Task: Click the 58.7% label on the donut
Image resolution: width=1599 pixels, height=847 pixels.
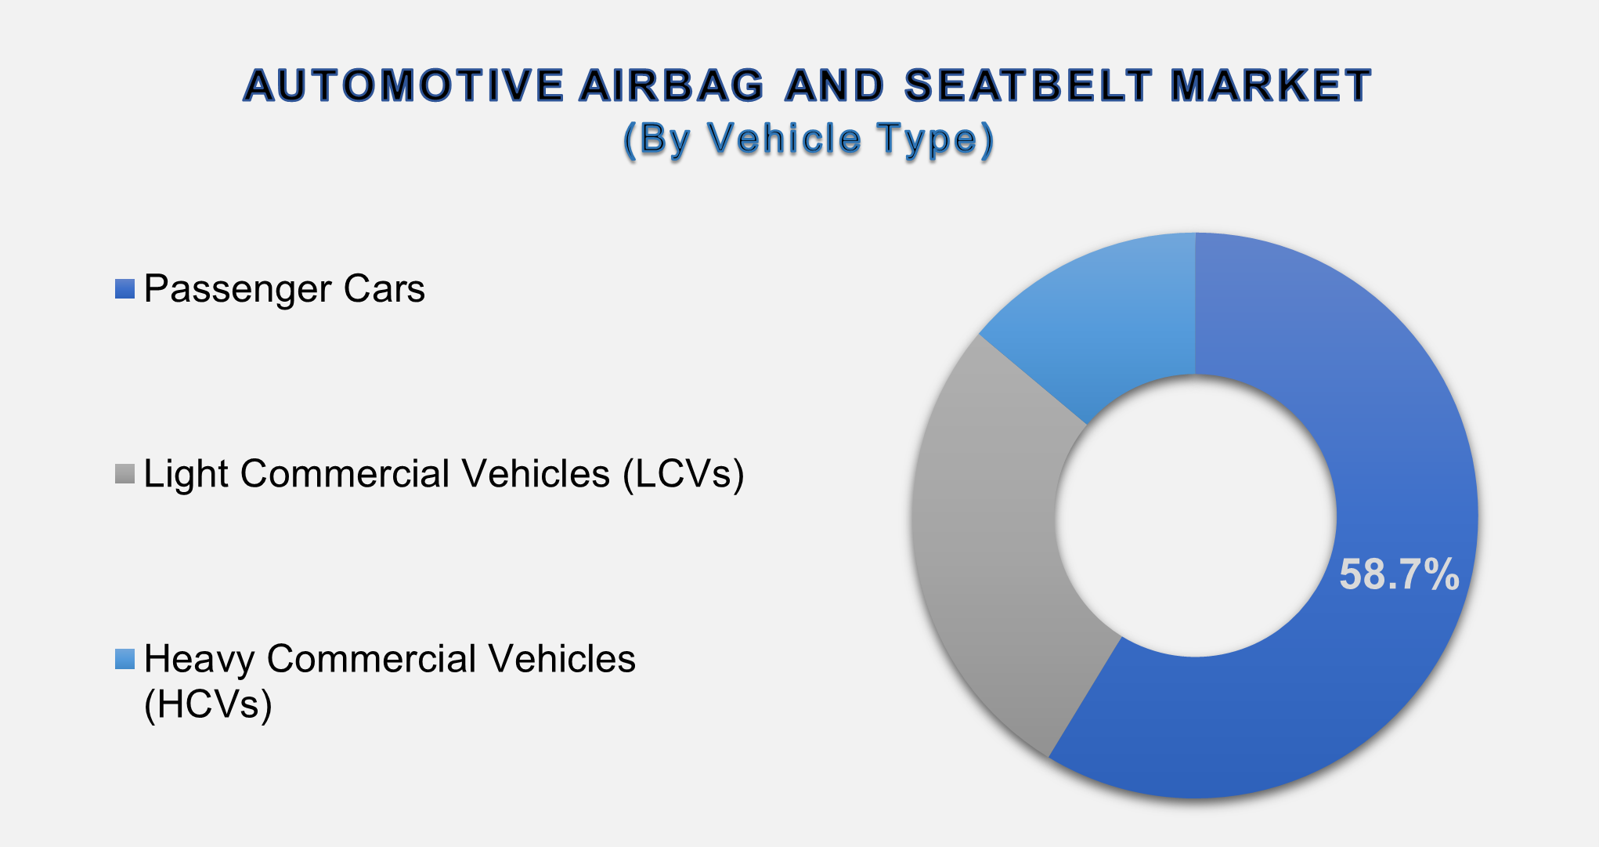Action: (1399, 574)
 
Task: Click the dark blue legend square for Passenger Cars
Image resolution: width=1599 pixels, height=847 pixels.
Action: (125, 289)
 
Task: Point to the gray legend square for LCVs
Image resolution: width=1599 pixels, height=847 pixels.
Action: (125, 474)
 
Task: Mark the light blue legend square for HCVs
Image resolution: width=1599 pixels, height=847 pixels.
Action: (125, 659)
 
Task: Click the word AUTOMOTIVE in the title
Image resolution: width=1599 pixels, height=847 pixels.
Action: (404, 86)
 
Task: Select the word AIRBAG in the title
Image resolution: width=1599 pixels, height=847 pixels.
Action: (671, 86)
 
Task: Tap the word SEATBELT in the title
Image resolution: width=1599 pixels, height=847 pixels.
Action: (1029, 86)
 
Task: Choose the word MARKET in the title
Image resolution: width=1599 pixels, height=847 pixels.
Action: (1270, 86)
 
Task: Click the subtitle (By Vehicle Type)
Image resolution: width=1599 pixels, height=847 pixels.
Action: (808, 139)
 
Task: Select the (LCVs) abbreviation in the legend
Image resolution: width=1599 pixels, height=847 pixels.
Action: (683, 474)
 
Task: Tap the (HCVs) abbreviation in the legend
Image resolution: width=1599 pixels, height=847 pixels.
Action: (208, 704)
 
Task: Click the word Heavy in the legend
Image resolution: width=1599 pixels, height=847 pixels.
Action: (199, 660)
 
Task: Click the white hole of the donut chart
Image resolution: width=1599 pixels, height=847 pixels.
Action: (1195, 516)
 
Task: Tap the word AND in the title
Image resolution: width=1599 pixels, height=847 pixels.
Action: (835, 86)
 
